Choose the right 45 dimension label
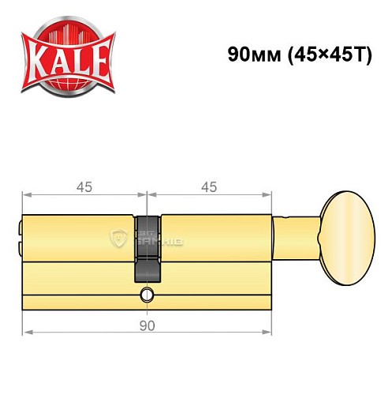coord(209,187)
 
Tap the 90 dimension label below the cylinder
coord(147,324)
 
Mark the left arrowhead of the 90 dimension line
coord(25,333)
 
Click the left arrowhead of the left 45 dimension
coord(25,195)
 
